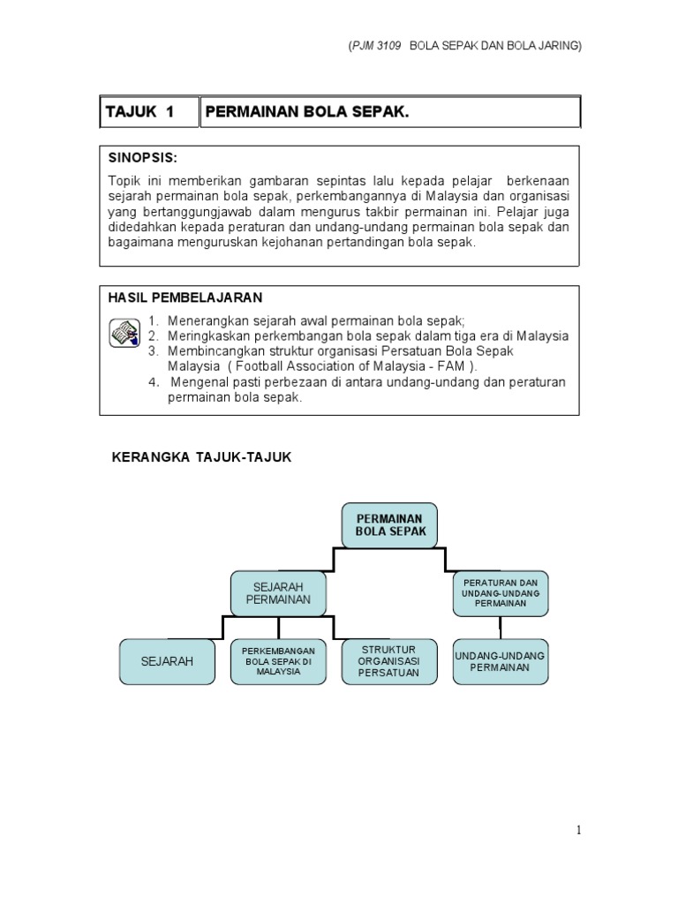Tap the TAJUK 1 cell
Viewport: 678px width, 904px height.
click(x=141, y=111)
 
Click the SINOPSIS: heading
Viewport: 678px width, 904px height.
click(x=142, y=158)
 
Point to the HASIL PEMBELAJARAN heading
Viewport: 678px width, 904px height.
click(x=185, y=298)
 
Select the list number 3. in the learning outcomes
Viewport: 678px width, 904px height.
click(x=153, y=350)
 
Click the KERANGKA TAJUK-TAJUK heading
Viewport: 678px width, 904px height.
click(x=200, y=457)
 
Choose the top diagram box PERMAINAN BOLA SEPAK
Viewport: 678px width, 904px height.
click(x=389, y=525)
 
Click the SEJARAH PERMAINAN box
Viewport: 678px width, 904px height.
click(x=278, y=593)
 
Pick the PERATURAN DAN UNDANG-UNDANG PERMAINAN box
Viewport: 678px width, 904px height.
click(x=501, y=593)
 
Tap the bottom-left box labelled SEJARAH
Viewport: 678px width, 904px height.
click(x=167, y=661)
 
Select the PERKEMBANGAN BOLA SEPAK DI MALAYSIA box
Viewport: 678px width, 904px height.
click(x=278, y=661)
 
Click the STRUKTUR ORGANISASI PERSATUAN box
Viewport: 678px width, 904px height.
click(x=389, y=661)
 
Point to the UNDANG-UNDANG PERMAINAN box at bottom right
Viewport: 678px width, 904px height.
click(x=501, y=661)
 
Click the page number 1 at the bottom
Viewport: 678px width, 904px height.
click(x=578, y=830)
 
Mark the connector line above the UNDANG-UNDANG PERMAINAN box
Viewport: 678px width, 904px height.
click(x=501, y=627)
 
